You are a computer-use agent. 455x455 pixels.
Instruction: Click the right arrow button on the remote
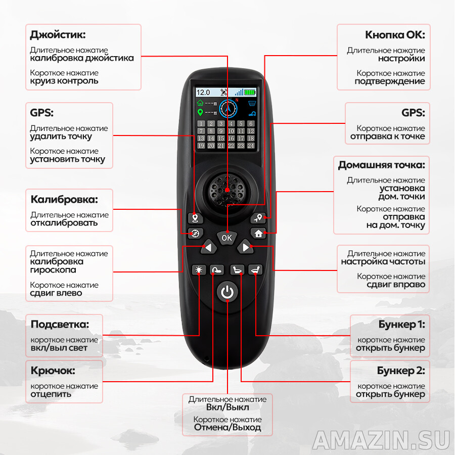coord(246,247)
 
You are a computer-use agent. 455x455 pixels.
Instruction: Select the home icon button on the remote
coord(258,234)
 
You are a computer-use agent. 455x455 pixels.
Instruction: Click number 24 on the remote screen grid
coord(251,146)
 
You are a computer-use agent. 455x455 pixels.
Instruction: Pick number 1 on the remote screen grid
coord(201,123)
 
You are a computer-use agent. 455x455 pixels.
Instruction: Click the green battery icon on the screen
coord(250,93)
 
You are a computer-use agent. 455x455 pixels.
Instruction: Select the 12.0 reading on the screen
coord(203,93)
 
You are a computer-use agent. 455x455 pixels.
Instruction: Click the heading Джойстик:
coord(58,35)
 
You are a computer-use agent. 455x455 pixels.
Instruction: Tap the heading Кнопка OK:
coord(395,35)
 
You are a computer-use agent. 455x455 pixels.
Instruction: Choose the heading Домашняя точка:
coord(382,165)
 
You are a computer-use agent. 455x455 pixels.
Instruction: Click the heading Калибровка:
coord(64,199)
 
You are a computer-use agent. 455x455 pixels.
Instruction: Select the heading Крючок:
coord(53,371)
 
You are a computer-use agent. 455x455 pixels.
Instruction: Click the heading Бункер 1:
coord(401,324)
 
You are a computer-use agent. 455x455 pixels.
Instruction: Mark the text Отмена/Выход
coord(227,428)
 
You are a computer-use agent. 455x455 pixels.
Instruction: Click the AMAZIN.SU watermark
coord(381,440)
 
